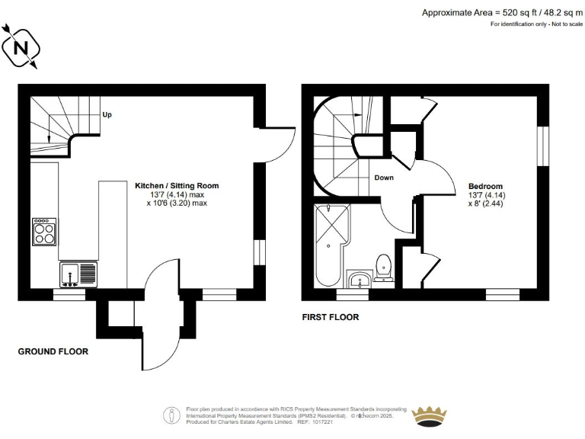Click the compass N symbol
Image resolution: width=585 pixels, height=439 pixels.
coord(21,47)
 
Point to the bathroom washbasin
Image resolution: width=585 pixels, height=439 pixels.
coord(357,280)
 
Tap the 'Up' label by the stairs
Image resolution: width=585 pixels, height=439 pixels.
coord(107,115)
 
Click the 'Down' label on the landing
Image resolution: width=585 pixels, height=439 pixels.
coord(384,178)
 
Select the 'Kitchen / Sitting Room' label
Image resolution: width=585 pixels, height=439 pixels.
coord(177,185)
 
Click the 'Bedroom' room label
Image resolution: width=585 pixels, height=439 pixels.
coord(485,186)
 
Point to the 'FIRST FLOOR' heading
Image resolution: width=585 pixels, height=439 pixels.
coord(330,317)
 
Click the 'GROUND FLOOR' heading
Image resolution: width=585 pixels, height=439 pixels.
coord(53,352)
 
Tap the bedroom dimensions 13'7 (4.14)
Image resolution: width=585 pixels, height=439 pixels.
coord(486,195)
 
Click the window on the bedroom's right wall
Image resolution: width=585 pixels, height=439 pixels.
coord(542,143)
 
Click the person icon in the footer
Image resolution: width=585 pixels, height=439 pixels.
coord(171,415)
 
